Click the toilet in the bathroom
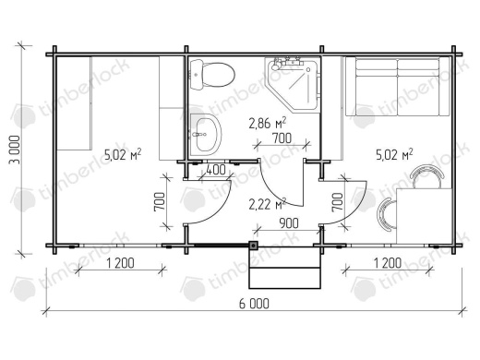point(212,75)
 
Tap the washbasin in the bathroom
point(206,135)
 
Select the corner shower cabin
point(293,85)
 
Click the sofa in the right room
point(398,87)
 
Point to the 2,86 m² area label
point(268,123)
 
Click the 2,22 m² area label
point(268,204)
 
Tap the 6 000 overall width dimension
point(254,304)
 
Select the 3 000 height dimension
point(16,150)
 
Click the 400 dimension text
point(216,170)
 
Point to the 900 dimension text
point(289,223)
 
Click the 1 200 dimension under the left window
point(120,263)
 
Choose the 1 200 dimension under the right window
point(388,263)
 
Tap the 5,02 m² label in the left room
point(123,155)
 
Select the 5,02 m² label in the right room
point(394,155)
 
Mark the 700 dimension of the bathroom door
point(282,138)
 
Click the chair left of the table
point(387,214)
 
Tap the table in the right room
point(424,216)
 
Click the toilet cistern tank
point(197,75)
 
